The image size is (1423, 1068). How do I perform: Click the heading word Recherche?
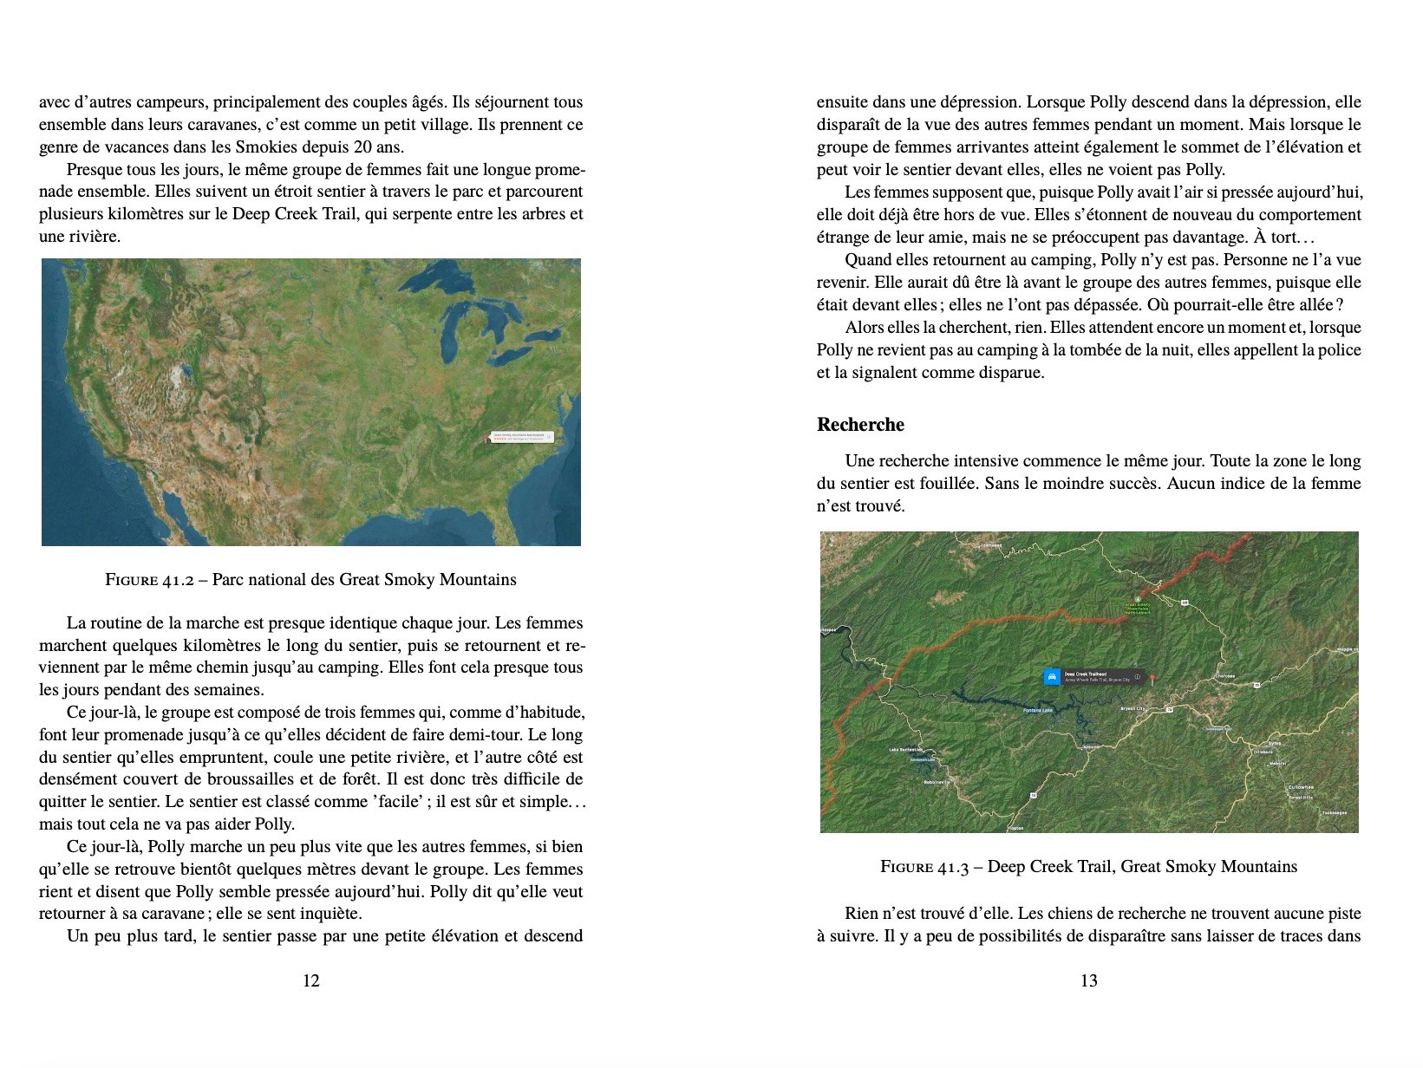click(859, 425)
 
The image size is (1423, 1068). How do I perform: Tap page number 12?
click(310, 980)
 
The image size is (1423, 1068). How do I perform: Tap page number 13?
click(1088, 980)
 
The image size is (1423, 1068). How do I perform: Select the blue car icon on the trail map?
click(1052, 676)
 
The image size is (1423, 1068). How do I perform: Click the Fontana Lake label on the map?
click(1037, 711)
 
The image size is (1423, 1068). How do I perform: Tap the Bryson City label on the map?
click(1133, 708)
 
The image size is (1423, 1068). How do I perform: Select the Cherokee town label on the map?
click(1224, 676)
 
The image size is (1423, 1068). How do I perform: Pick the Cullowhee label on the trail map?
click(1300, 787)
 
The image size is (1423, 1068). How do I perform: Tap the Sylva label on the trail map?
click(1274, 744)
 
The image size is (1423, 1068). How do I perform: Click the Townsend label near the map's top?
click(990, 546)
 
